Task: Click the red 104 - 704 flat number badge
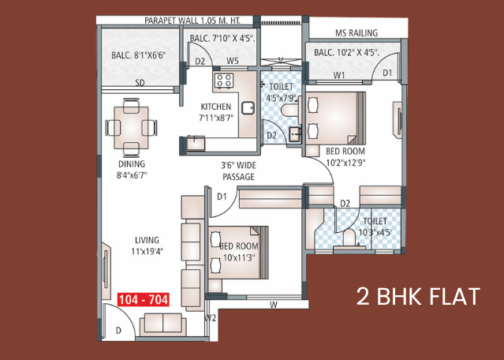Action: (144, 300)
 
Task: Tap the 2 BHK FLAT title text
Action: (418, 297)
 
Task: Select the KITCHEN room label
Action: (216, 107)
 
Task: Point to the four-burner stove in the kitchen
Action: (224, 81)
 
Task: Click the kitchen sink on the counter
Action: (248, 108)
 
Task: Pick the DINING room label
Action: (132, 163)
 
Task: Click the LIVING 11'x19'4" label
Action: (147, 246)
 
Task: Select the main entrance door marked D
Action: (118, 322)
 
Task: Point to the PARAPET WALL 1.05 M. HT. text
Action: (192, 21)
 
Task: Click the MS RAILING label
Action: (357, 33)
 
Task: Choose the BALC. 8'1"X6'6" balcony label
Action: (139, 55)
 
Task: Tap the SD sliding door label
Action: (140, 83)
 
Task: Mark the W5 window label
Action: (233, 61)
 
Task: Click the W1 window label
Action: (339, 75)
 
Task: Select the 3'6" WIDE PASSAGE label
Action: (238, 171)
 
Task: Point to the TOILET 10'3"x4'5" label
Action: (375, 227)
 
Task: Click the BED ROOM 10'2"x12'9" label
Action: (345, 156)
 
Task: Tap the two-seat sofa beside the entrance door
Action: (163, 324)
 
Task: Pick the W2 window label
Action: (211, 318)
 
